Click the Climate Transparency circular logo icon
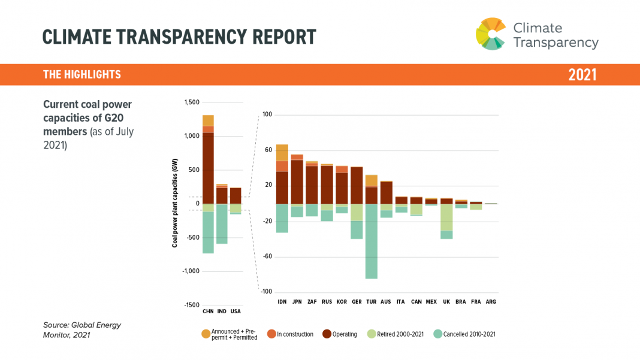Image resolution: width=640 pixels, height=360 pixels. pyautogui.click(x=491, y=34)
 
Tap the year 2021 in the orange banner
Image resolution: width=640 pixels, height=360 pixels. pyautogui.click(x=582, y=75)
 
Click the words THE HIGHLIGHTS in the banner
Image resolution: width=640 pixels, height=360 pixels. pyautogui.click(x=82, y=75)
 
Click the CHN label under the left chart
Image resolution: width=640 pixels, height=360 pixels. pyautogui.click(x=208, y=311)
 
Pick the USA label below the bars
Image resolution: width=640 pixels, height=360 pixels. pyautogui.click(x=236, y=311)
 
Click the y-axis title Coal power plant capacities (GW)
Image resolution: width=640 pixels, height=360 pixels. pyautogui.click(x=175, y=207)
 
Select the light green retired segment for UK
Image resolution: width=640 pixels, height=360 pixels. pyautogui.click(x=446, y=217)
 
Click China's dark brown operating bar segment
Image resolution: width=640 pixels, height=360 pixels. pyautogui.click(x=208, y=168)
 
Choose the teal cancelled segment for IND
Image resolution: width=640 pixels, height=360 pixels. pyautogui.click(x=222, y=224)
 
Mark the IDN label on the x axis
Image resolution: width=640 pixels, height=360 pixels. pyautogui.click(x=282, y=301)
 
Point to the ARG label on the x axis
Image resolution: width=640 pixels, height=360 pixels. pyautogui.click(x=491, y=301)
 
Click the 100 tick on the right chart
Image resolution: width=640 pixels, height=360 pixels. pyautogui.click(x=267, y=114)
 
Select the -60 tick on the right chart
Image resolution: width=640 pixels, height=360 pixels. pyautogui.click(x=267, y=256)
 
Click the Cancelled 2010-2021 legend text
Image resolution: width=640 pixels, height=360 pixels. pyautogui.click(x=469, y=334)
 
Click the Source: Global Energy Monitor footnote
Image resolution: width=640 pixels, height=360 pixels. pyautogui.click(x=82, y=330)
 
